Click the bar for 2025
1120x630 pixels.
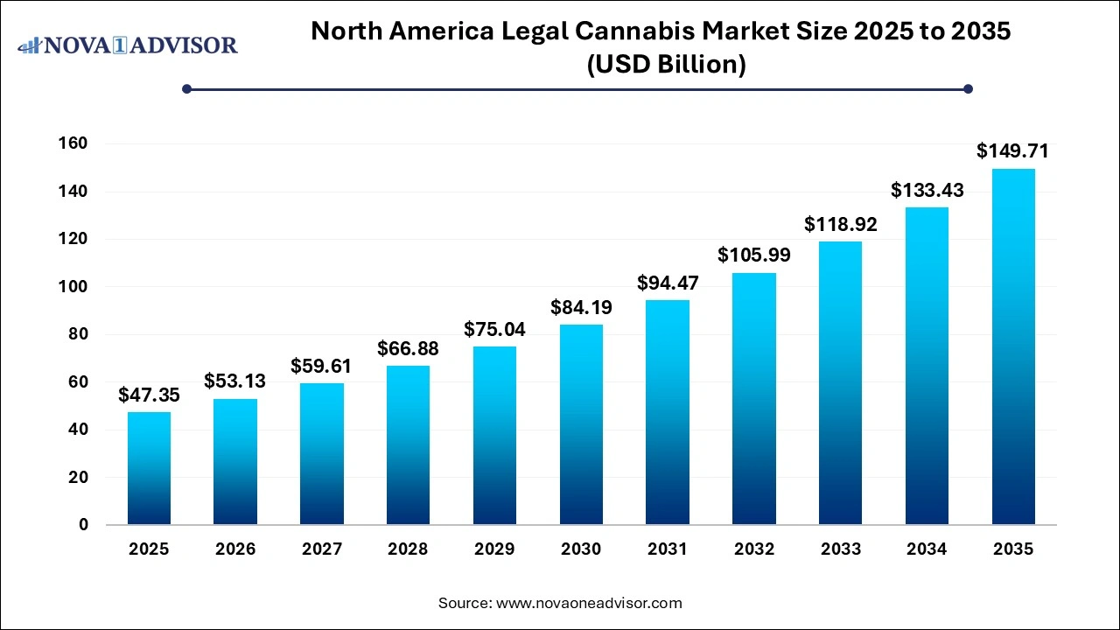(x=149, y=468)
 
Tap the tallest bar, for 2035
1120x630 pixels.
(x=1013, y=346)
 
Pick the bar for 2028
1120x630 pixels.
(x=408, y=445)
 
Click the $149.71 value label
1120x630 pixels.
(x=1012, y=151)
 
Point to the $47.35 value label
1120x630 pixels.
(x=149, y=395)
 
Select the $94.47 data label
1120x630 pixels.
(x=667, y=283)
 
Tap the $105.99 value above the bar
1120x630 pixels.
(x=753, y=255)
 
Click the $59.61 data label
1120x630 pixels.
(x=321, y=366)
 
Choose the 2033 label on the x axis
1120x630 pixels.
(x=840, y=549)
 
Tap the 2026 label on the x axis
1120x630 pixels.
(x=235, y=549)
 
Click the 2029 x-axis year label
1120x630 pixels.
(x=494, y=549)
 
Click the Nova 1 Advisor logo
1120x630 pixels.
(x=128, y=45)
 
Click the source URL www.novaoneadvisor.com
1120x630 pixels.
(x=589, y=603)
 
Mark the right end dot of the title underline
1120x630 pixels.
(x=968, y=88)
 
